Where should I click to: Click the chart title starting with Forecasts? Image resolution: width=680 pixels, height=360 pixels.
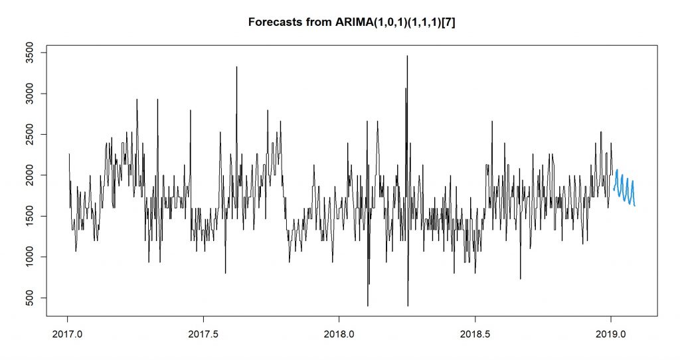[x=351, y=21]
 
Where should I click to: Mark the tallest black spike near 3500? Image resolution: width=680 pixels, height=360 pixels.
[x=407, y=57]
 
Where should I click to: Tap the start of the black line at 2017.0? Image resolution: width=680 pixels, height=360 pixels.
[x=68, y=155]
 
